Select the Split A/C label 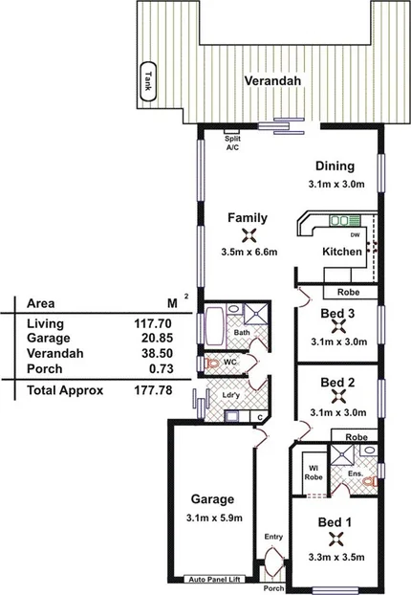(231, 144)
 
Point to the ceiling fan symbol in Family (248, 235)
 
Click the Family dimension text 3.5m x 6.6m (248, 253)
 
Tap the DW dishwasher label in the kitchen (355, 235)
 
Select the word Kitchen (341, 252)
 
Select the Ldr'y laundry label (229, 394)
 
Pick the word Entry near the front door (274, 538)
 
